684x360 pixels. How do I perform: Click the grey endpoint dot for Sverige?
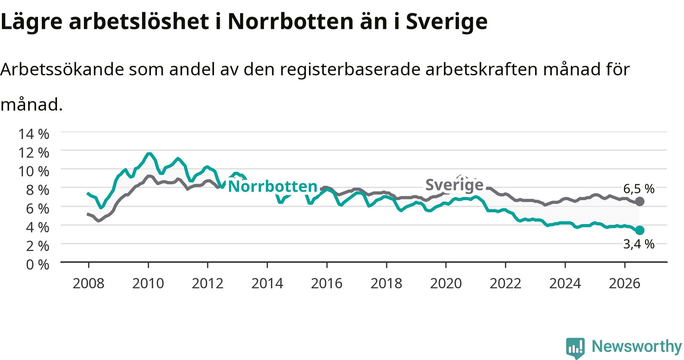click(x=640, y=201)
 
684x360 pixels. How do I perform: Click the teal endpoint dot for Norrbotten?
click(x=640, y=230)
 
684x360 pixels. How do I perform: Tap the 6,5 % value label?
click(x=639, y=189)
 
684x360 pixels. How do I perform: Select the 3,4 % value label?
click(x=639, y=244)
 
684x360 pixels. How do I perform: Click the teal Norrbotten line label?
click(x=272, y=186)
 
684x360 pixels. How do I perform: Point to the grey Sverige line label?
click(x=454, y=185)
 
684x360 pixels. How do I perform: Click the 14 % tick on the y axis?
click(x=34, y=134)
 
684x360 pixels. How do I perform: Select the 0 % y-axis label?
click(x=38, y=264)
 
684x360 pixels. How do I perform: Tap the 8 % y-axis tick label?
click(x=38, y=189)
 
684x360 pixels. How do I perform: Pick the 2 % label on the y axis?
click(x=38, y=246)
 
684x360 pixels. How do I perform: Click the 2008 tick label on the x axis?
click(x=89, y=283)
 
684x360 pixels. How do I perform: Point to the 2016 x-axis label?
click(x=327, y=283)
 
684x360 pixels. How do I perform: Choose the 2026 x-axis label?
click(x=625, y=283)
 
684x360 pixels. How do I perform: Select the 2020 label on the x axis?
click(x=446, y=283)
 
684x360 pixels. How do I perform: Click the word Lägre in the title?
click(x=32, y=22)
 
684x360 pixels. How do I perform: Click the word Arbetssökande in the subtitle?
click(x=62, y=69)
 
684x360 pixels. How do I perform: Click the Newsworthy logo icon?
click(x=575, y=347)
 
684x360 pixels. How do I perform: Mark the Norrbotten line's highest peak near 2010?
click(x=149, y=154)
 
